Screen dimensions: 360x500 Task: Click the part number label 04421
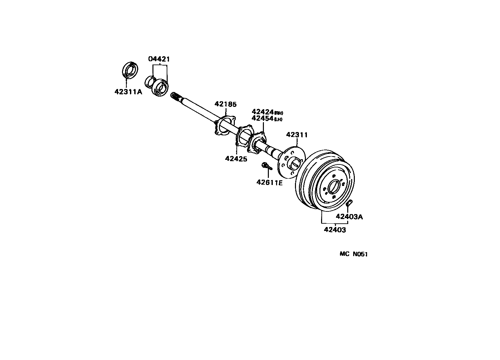pos(159,59)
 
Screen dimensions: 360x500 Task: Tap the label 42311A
pos(128,92)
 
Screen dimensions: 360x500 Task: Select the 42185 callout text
pos(226,104)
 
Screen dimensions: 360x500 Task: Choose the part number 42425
pos(236,159)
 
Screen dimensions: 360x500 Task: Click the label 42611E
pos(270,182)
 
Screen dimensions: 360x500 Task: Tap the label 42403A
pos(349,217)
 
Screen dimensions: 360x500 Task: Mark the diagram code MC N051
pos(354,254)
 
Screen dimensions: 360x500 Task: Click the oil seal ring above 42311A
pos(130,70)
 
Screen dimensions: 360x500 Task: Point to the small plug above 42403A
pos(350,203)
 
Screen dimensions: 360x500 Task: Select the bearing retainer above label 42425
pos(244,136)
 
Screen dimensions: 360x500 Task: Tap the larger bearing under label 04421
pos(161,88)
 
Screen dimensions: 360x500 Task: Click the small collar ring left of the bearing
pos(150,81)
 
